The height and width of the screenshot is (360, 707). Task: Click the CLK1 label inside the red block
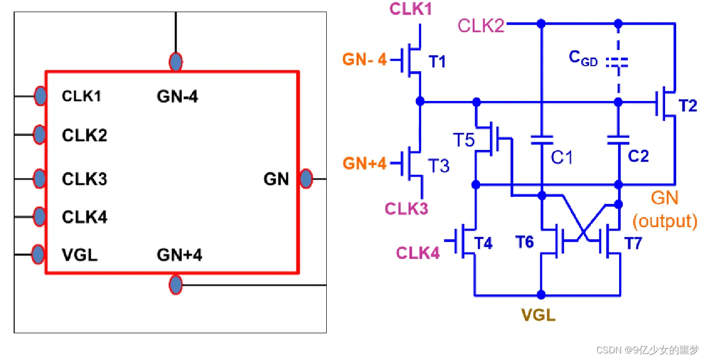point(81,96)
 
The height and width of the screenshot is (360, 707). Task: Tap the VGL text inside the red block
point(80,255)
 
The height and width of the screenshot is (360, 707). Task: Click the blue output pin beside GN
point(306,179)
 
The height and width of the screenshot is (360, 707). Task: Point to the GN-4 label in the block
point(177,96)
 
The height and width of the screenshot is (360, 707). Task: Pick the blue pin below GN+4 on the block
point(175,285)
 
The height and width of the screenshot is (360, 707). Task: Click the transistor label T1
point(437,62)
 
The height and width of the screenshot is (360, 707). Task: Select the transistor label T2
point(688,106)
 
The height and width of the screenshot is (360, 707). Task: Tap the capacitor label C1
point(562,158)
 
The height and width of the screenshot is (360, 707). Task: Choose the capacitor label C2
point(638,156)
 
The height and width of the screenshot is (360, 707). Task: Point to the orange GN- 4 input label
point(365,60)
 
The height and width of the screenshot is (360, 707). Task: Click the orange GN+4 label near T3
point(365,164)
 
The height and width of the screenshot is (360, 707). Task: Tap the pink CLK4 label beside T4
point(418,252)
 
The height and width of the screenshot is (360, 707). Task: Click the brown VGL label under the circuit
point(538,316)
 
